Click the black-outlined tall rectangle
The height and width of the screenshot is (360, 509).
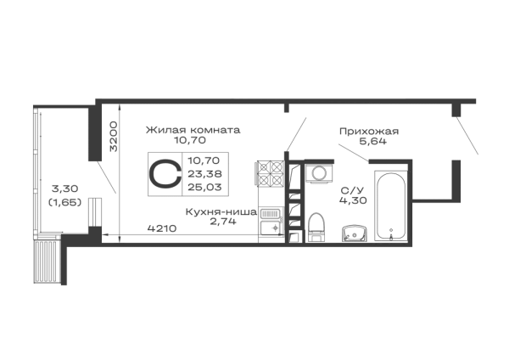point(391,205)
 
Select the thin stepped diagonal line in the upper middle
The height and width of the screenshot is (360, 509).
point(293,132)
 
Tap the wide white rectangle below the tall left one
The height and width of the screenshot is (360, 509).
point(64,220)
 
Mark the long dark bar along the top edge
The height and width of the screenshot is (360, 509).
point(288,101)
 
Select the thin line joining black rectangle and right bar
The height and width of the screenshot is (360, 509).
point(428,200)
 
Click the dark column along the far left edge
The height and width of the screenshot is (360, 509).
point(36,195)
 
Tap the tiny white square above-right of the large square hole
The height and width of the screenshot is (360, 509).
point(294,179)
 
